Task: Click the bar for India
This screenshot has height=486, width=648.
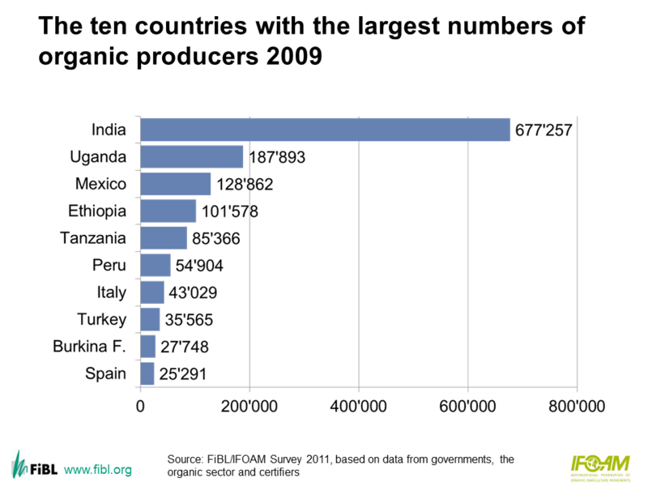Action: click(325, 130)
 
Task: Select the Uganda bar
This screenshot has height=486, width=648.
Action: click(192, 156)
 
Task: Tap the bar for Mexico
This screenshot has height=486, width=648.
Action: click(176, 184)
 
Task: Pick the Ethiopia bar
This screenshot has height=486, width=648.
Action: click(168, 211)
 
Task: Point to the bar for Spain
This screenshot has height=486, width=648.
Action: click(147, 373)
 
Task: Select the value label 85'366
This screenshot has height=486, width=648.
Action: click(216, 239)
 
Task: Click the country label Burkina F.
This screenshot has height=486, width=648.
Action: click(90, 347)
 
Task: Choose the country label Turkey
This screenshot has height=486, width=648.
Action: click(101, 319)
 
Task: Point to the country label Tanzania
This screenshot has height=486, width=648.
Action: click(93, 238)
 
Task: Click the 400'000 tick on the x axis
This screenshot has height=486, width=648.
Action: click(359, 405)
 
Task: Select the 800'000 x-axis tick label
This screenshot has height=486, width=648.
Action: click(577, 405)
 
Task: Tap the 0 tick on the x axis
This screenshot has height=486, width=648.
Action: click(141, 405)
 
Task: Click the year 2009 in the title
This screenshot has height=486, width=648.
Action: click(301, 58)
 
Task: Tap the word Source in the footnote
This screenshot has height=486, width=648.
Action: click(185, 459)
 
